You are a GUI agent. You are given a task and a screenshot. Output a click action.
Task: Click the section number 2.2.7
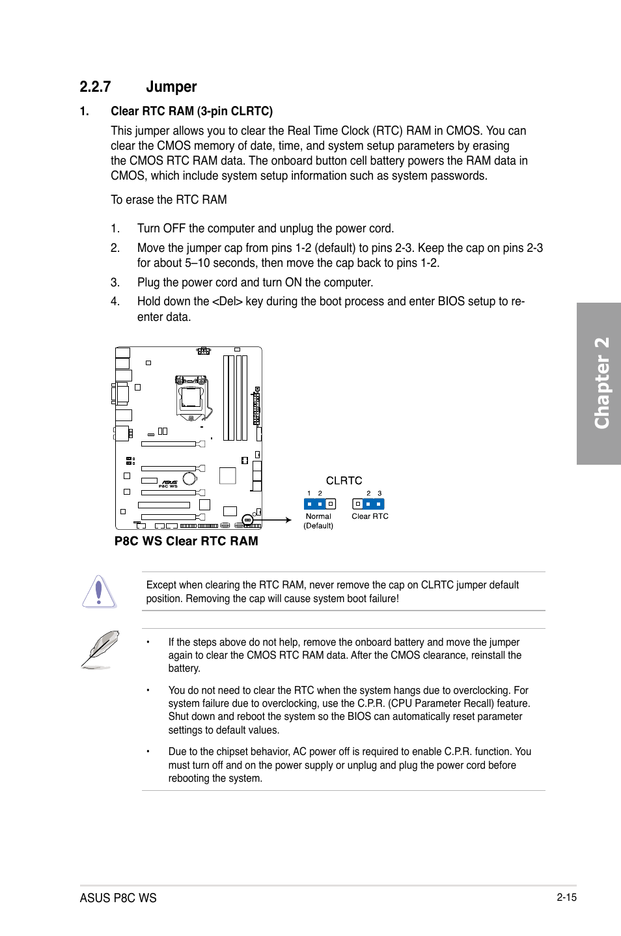[x=95, y=87]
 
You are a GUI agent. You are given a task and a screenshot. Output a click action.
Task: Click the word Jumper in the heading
[x=171, y=87]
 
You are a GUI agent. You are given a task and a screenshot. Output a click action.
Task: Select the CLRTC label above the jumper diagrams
[x=344, y=480]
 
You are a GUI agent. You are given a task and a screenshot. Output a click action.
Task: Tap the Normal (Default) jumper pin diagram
[x=320, y=504]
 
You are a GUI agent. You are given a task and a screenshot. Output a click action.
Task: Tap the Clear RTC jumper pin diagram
[x=368, y=504]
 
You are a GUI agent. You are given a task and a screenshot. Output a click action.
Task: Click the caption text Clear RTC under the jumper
[x=370, y=516]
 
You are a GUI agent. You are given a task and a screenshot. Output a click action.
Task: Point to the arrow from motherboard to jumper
[x=277, y=520]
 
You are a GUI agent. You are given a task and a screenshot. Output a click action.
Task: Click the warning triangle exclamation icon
[x=99, y=592]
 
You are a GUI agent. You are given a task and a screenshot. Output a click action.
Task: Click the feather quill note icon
[x=100, y=649]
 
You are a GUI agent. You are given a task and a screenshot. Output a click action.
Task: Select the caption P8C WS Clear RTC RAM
[x=186, y=541]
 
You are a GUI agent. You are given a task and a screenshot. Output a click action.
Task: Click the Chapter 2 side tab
[x=600, y=383]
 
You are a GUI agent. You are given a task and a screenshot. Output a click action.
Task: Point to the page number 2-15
[x=566, y=897]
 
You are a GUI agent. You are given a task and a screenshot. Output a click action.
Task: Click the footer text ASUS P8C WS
[x=118, y=898]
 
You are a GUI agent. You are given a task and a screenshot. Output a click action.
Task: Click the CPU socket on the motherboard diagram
[x=191, y=396]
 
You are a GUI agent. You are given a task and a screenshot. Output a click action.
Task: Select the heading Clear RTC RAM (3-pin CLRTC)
[x=191, y=111]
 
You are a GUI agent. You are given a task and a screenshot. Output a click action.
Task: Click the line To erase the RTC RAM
[x=169, y=200]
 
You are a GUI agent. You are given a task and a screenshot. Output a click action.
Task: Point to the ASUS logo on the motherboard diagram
[x=169, y=482]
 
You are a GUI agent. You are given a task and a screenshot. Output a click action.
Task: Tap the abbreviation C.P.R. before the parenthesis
[x=372, y=704]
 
